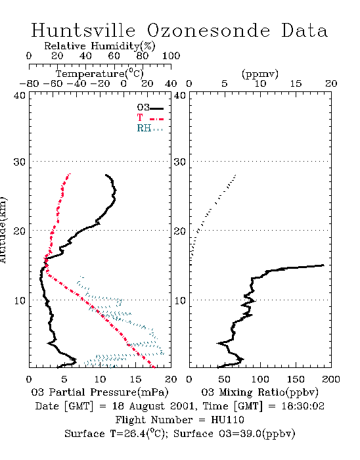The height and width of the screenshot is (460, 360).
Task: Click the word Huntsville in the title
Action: pyautogui.click(x=83, y=30)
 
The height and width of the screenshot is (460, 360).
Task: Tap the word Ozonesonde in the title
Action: pyautogui.click(x=208, y=30)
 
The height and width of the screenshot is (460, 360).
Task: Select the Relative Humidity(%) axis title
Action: pyautogui.click(x=100, y=46)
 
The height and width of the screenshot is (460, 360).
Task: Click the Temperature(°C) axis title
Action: pyautogui.click(x=100, y=74)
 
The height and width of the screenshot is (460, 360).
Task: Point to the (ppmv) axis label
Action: pyautogui.click(x=260, y=74)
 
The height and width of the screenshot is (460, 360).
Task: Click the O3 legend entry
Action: pyautogui.click(x=150, y=108)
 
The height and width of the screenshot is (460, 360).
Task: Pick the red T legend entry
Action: pyautogui.click(x=150, y=118)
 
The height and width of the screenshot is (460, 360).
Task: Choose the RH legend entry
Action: pyautogui.click(x=150, y=128)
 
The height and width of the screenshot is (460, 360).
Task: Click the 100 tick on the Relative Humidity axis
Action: pyautogui.click(x=171, y=56)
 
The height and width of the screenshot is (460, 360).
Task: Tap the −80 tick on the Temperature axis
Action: pyautogui.click(x=29, y=84)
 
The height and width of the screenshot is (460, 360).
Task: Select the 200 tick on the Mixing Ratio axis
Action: pyautogui.click(x=331, y=379)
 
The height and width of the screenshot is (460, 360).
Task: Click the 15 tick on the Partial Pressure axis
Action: pyautogui.click(x=135, y=379)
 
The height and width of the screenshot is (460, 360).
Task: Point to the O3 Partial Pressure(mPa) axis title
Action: pyautogui.click(x=100, y=392)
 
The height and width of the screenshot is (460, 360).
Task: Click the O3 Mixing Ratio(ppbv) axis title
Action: pyautogui.click(x=260, y=392)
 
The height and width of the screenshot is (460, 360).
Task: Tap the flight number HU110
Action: pyautogui.click(x=227, y=420)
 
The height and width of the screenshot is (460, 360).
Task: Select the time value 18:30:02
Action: pyautogui.click(x=303, y=406)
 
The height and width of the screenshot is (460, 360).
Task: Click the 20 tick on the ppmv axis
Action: pyautogui.click(x=331, y=84)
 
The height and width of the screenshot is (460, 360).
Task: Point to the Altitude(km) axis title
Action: pyautogui.click(x=3, y=230)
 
